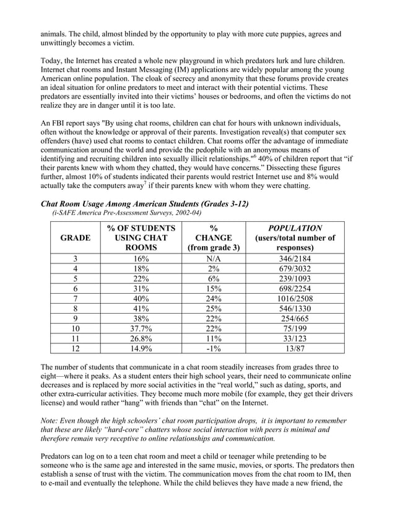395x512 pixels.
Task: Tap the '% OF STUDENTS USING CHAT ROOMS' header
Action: click(x=141, y=237)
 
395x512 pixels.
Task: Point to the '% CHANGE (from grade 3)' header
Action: click(x=214, y=237)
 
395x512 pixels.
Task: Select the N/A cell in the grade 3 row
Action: click(x=214, y=258)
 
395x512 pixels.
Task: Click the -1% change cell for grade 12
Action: click(x=214, y=348)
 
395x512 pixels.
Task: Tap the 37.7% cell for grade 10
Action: click(x=141, y=328)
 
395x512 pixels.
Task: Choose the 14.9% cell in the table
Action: click(x=141, y=348)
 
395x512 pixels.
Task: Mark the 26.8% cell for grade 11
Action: click(x=141, y=338)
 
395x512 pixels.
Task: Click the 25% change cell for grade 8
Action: click(x=214, y=307)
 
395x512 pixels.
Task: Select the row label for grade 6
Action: click(x=75, y=288)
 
